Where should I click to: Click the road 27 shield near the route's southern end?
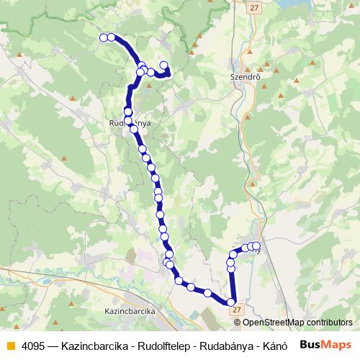pyautogui.click(x=238, y=310)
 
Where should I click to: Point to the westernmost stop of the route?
pyautogui.click(x=104, y=37)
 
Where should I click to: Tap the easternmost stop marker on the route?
pyautogui.click(x=256, y=246)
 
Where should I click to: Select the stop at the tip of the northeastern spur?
pyautogui.click(x=164, y=66)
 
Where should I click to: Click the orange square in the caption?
pyautogui.click(x=9, y=344)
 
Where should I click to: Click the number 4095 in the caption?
pyautogui.click(x=32, y=344)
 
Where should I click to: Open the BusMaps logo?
pyautogui.click(x=327, y=343)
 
